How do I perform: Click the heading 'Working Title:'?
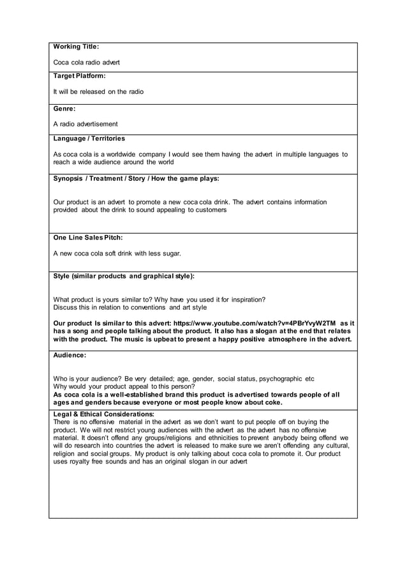click(x=76, y=47)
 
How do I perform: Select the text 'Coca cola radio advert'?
click(x=86, y=63)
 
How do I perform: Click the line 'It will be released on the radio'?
click(x=98, y=92)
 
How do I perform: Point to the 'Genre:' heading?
click(x=64, y=109)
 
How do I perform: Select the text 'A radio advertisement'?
click(x=85, y=124)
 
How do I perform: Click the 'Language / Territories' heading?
click(x=89, y=139)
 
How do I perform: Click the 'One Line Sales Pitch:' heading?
click(x=87, y=238)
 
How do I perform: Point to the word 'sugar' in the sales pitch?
click(x=171, y=254)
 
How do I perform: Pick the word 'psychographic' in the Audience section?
click(x=276, y=379)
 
